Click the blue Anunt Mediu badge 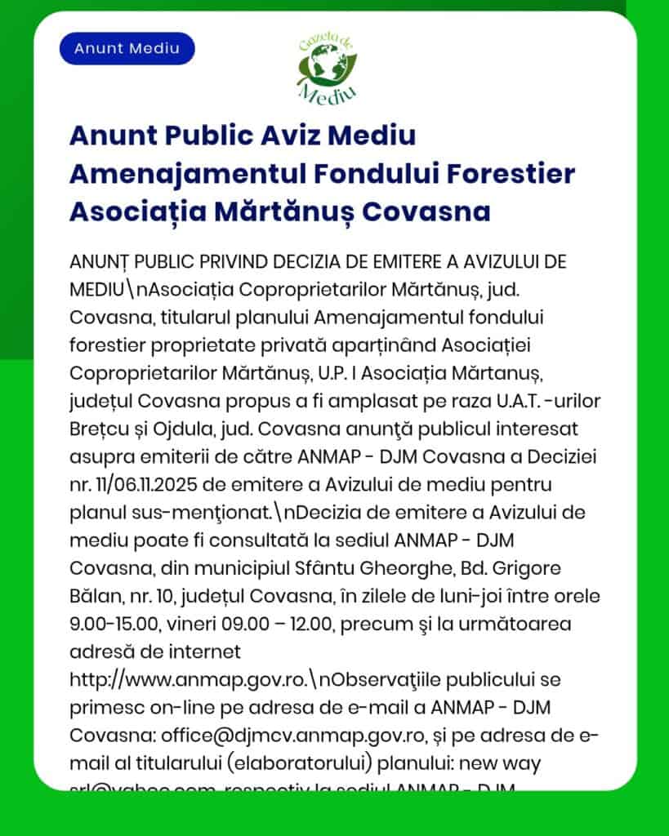click(127, 48)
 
